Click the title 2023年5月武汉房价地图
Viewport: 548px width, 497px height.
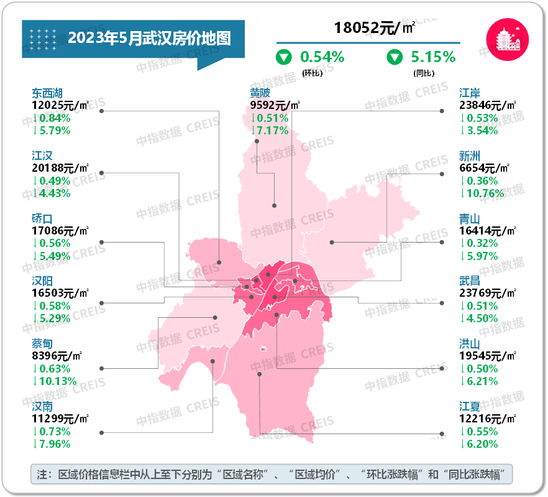click(x=149, y=39)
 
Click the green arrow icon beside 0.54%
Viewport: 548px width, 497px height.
click(x=284, y=58)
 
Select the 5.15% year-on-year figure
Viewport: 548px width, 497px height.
click(x=433, y=57)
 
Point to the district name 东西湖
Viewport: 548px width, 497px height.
click(x=47, y=93)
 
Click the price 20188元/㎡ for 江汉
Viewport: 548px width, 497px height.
click(x=60, y=167)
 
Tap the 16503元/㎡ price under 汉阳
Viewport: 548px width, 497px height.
click(x=60, y=293)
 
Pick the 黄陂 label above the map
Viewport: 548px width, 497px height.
click(x=260, y=93)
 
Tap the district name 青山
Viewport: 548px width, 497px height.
click(x=470, y=219)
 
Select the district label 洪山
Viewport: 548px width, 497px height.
click(x=470, y=344)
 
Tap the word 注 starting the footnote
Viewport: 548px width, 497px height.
click(x=42, y=475)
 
